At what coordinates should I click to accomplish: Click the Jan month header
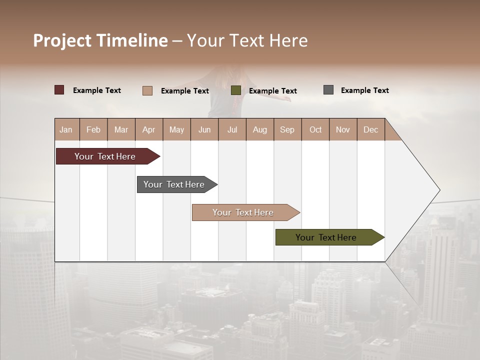click(66, 129)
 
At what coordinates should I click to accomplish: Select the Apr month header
click(149, 129)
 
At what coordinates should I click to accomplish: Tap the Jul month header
click(232, 129)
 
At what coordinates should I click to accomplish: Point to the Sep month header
click(287, 129)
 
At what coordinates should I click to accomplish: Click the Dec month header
click(370, 129)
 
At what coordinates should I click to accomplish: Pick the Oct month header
click(315, 129)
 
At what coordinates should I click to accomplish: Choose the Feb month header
click(93, 129)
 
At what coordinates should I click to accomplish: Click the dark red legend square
click(59, 90)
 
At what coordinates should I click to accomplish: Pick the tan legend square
click(147, 90)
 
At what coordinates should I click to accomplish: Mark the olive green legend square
click(236, 90)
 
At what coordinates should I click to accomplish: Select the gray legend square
click(328, 90)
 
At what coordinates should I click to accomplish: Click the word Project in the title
click(62, 40)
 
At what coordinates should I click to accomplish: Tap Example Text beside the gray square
click(364, 90)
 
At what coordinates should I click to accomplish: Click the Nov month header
click(343, 129)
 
